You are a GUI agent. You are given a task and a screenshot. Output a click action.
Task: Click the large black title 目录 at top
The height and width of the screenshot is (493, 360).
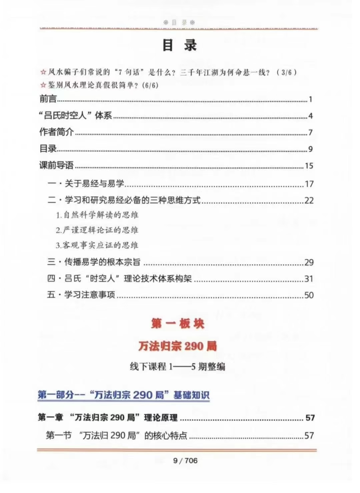tap(179, 45)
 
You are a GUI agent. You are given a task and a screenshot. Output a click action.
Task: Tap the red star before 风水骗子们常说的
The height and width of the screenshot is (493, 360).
tap(43, 72)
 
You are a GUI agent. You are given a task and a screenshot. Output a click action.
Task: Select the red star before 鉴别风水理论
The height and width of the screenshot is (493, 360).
tap(43, 85)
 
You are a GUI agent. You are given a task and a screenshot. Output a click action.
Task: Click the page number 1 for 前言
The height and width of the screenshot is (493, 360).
tap(310, 99)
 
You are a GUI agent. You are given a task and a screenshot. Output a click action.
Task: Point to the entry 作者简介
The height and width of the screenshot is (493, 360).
tap(56, 132)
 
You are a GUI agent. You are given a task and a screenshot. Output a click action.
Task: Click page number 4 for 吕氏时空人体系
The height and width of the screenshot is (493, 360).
tap(310, 116)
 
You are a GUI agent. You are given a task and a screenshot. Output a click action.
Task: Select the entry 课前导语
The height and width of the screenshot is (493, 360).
tap(56, 165)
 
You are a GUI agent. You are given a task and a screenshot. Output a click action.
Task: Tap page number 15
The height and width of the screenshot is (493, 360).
tap(309, 166)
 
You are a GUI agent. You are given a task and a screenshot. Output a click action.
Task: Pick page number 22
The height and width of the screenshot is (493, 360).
tap(309, 200)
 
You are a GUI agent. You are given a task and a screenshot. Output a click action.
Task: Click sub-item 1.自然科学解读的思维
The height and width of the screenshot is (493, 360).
tap(97, 215)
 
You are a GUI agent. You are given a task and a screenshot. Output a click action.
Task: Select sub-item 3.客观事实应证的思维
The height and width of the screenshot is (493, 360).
tap(97, 245)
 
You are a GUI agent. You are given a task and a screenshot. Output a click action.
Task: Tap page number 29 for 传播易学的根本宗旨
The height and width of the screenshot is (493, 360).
tap(309, 263)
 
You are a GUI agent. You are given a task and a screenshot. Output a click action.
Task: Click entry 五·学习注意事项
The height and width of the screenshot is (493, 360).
tap(81, 295)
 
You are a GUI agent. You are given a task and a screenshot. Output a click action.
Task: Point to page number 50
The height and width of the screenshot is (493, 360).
tap(309, 295)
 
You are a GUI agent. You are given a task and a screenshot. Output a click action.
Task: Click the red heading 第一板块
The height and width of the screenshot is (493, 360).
tap(178, 324)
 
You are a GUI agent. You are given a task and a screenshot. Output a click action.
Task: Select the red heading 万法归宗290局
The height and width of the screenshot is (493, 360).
tap(178, 346)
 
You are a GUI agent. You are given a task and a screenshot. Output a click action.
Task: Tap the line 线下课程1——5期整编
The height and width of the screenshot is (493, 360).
tap(178, 367)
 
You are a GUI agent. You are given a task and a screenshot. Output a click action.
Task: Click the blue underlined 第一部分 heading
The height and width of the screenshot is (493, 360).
tap(123, 395)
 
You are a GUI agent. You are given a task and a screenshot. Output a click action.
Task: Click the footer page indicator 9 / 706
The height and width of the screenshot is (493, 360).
tap(185, 461)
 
